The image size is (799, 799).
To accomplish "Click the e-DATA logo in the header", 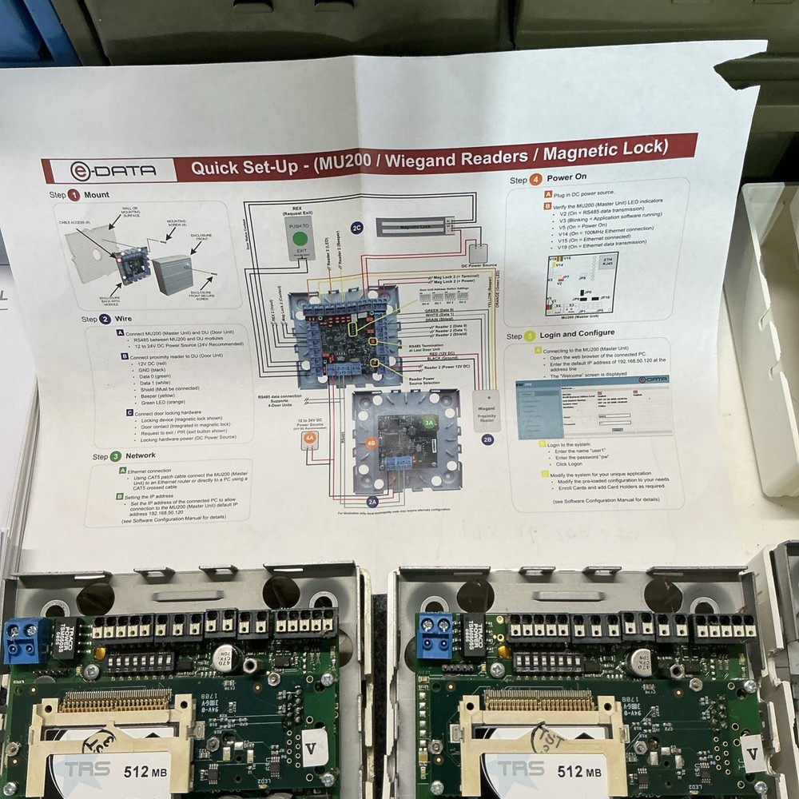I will pyautogui.click(x=113, y=170).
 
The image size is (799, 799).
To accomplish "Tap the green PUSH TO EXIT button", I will pyautogui.click(x=300, y=237).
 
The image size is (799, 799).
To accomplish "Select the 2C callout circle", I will pyautogui.click(x=357, y=228).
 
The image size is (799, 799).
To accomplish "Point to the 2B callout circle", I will pyautogui.click(x=487, y=438).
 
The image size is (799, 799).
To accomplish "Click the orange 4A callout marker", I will pyautogui.click(x=310, y=438).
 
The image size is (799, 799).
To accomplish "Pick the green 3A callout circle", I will pyautogui.click(x=430, y=423).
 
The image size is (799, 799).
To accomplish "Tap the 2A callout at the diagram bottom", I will pyautogui.click(x=372, y=502).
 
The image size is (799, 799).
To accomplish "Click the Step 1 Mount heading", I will pyautogui.click(x=79, y=195).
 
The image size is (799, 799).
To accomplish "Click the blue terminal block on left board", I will pyautogui.click(x=26, y=639).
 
